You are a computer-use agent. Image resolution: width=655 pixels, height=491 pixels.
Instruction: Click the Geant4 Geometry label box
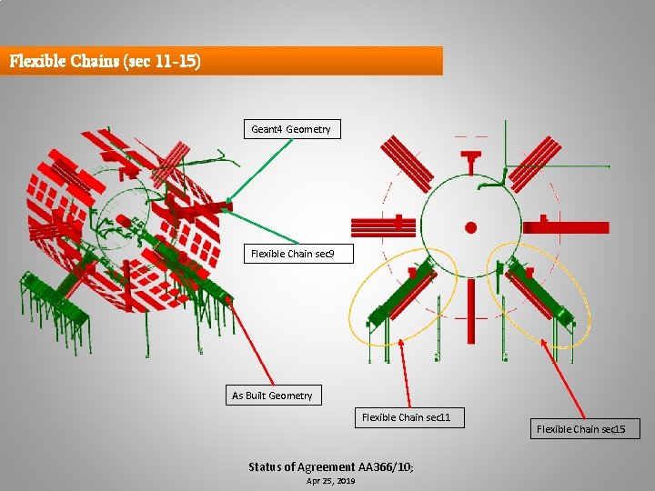click(x=292, y=129)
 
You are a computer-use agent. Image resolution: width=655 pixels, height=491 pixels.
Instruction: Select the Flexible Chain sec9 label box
click(x=298, y=254)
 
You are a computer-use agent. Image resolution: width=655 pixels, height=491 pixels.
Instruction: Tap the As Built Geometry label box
click(x=274, y=395)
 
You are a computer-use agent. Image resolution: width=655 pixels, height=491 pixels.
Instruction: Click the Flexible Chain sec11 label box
click(x=409, y=417)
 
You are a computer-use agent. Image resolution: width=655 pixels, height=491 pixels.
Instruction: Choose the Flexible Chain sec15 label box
click(x=585, y=429)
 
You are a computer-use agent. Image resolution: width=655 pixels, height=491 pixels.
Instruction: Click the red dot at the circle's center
click(x=471, y=227)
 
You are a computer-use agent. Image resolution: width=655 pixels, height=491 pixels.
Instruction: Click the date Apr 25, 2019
click(x=330, y=481)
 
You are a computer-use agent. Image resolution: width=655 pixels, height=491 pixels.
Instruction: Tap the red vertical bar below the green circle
click(x=471, y=312)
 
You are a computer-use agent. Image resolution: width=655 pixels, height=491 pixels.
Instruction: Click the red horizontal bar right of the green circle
click(x=566, y=226)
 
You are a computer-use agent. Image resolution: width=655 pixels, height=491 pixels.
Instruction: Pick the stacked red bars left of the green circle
click(x=384, y=227)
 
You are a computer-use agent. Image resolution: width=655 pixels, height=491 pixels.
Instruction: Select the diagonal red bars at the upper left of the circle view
click(x=408, y=164)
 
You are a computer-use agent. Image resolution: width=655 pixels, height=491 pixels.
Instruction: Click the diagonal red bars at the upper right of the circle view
click(x=535, y=164)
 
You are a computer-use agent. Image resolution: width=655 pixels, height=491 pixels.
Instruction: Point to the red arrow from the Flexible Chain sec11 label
click(x=405, y=374)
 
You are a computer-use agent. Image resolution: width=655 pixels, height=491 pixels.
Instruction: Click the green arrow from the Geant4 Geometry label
click(x=258, y=171)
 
